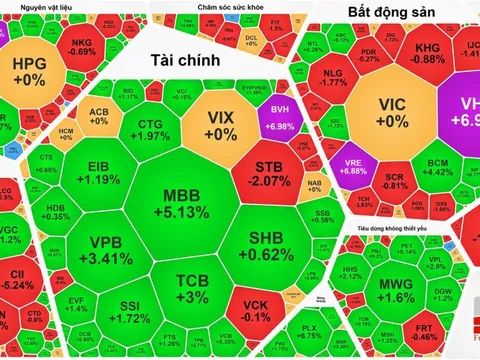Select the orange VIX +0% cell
[x=220, y=124]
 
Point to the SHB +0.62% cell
[x=266, y=244]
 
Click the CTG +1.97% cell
[x=150, y=128]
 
